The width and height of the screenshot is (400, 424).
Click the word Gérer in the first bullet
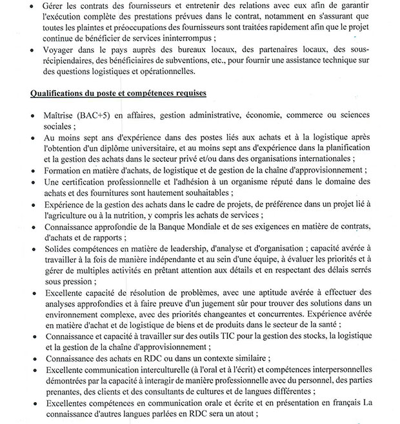pyautogui.click(x=56, y=6)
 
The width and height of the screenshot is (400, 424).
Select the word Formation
pyautogui.click(x=63, y=171)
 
